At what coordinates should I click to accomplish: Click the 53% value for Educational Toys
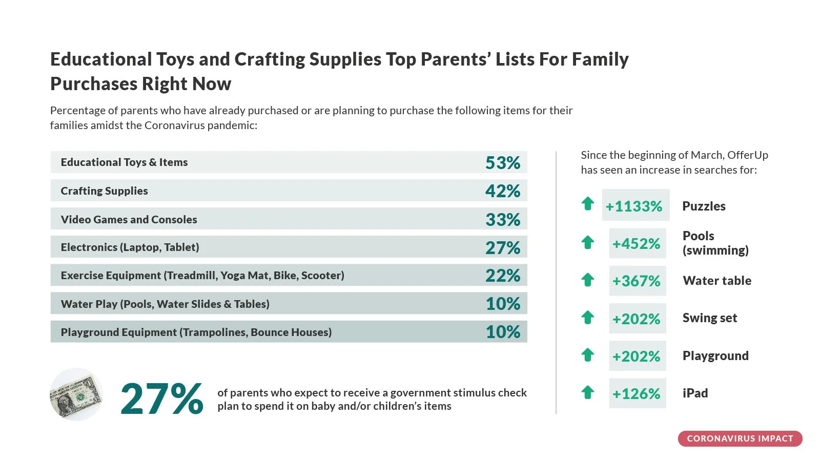tap(502, 163)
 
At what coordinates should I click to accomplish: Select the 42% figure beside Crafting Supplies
tap(502, 191)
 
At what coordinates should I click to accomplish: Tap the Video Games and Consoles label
tap(129, 219)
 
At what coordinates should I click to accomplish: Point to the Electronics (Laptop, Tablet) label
tap(130, 247)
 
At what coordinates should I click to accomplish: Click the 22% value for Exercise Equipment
tap(502, 276)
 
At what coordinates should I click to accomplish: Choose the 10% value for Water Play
tap(502, 304)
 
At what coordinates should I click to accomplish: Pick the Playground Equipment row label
tap(196, 332)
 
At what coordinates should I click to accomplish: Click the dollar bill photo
tap(76, 394)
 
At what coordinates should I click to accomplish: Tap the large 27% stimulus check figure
tap(161, 399)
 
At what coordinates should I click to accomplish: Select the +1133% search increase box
tap(635, 205)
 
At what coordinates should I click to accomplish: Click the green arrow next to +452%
tap(587, 242)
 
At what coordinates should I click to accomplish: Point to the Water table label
tap(717, 281)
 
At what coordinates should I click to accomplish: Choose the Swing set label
tap(709, 318)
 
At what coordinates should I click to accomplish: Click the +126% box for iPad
tap(638, 393)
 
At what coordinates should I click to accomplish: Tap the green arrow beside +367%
tap(587, 280)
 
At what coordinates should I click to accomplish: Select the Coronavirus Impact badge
tap(740, 438)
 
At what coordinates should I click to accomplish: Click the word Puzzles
tap(704, 206)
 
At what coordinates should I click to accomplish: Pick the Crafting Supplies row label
tap(105, 191)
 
